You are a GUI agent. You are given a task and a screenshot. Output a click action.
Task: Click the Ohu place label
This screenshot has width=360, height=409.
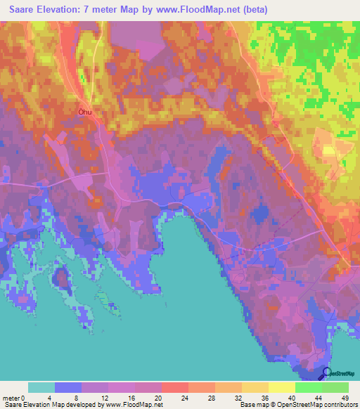point(86,110)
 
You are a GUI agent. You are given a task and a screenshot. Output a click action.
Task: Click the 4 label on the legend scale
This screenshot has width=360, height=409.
point(55,397)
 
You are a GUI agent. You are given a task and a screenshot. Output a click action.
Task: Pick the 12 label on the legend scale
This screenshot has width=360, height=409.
point(108,397)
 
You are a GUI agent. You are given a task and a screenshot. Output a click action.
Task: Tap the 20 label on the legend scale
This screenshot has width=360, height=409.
point(162,397)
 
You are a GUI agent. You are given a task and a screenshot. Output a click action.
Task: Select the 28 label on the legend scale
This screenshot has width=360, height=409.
point(215,397)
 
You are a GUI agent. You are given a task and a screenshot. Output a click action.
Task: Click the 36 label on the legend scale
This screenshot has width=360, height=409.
point(269,397)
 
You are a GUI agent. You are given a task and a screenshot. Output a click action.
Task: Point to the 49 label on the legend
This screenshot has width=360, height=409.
point(345,397)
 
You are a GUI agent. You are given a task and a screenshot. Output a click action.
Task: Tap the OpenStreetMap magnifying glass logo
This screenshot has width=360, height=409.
point(327,374)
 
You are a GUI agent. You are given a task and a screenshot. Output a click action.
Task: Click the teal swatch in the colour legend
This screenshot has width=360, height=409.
point(41,387)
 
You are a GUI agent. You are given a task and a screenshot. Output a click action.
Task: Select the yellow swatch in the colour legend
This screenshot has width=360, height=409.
point(282,387)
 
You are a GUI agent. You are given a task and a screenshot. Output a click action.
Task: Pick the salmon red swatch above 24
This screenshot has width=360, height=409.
point(175,387)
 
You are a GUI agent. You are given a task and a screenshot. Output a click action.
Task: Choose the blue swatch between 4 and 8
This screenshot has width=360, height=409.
point(68,387)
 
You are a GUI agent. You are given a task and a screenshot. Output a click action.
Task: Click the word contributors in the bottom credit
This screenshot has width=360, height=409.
point(333,405)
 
